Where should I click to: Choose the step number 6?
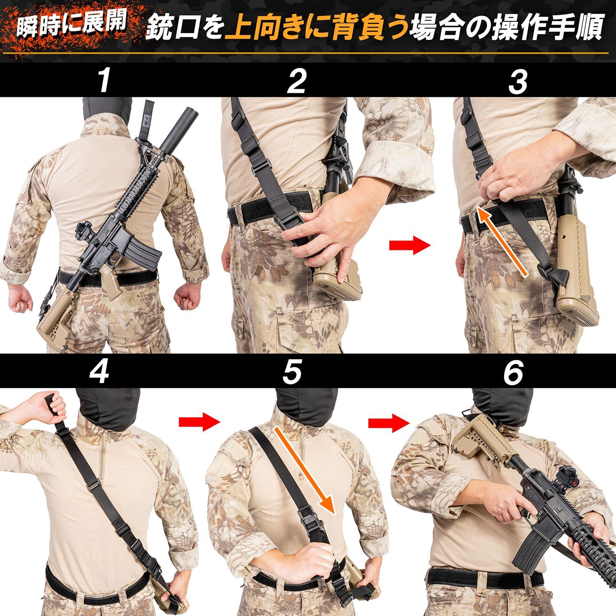pyautogui.click(x=513, y=372)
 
